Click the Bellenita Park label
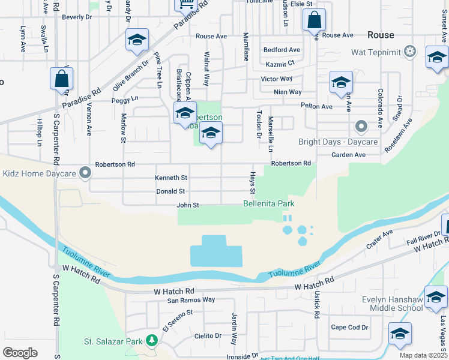268,204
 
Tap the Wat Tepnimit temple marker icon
410,51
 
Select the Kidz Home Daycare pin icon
85,173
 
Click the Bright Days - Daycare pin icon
361,127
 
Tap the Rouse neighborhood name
381,35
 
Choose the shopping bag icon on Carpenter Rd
62,79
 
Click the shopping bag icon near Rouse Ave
314,20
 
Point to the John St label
187,205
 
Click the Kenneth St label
171,178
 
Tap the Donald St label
171,191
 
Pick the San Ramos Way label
191,299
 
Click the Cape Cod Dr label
349,327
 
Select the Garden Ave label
349,155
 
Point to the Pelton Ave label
316,106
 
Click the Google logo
20,352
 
